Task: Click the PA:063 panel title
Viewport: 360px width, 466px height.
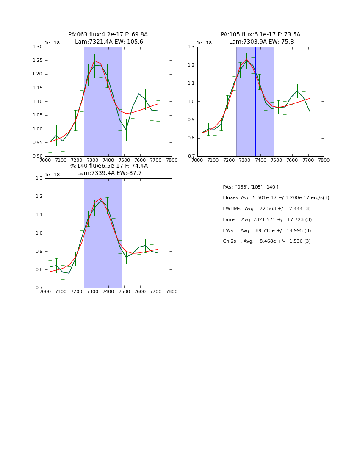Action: pyautogui.click(x=108, y=38)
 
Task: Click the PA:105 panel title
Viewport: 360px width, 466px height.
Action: pyautogui.click(x=260, y=38)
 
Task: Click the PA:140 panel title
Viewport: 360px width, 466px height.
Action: pyautogui.click(x=108, y=169)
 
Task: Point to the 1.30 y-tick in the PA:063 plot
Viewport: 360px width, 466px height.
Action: pyautogui.click(x=38, y=47)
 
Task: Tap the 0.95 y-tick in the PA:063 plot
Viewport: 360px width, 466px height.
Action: pyautogui.click(x=38, y=142)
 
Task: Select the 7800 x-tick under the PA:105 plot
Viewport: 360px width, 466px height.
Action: pyautogui.click(x=324, y=160)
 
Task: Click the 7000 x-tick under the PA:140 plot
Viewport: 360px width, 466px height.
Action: pyautogui.click(x=45, y=291)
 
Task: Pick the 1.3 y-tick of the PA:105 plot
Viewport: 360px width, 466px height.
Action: pyautogui.click(x=192, y=47)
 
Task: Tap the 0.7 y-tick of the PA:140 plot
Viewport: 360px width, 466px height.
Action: pyautogui.click(x=39, y=288)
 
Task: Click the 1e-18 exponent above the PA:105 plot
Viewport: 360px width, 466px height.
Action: pyautogui.click(x=204, y=43)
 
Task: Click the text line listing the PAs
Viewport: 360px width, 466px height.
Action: pyautogui.click(x=251, y=187)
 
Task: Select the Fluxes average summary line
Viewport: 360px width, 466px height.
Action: pyautogui.click(x=276, y=198)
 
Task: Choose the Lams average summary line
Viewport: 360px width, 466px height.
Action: pyautogui.click(x=267, y=220)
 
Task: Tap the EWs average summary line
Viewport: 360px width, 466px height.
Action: pyautogui.click(x=267, y=230)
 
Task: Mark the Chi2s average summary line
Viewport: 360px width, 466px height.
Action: pyautogui.click(x=267, y=241)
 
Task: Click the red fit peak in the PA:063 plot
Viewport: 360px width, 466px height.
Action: pyautogui.click(x=94, y=61)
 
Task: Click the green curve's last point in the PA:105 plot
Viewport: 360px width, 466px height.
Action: pyautogui.click(x=310, y=112)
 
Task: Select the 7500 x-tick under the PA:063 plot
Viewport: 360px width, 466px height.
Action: pyautogui.click(x=124, y=160)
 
